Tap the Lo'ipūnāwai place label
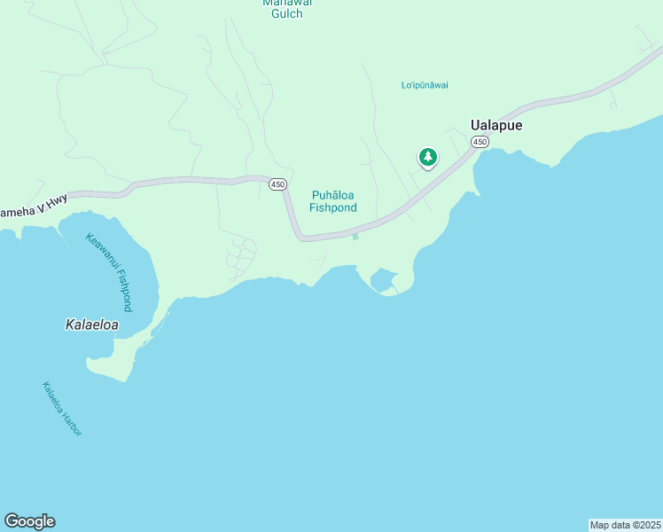(x=425, y=85)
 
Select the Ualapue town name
(x=495, y=125)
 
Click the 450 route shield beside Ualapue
(x=480, y=142)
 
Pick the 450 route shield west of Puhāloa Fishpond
(x=277, y=184)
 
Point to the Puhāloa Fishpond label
(x=333, y=201)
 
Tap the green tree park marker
(x=428, y=158)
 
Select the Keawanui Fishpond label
(x=110, y=270)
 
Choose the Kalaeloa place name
(x=92, y=325)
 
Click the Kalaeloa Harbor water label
(x=62, y=408)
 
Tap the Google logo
(x=29, y=521)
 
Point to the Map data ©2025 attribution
(x=625, y=525)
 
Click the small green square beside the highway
(x=355, y=236)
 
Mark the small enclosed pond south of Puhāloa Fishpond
(x=383, y=281)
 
